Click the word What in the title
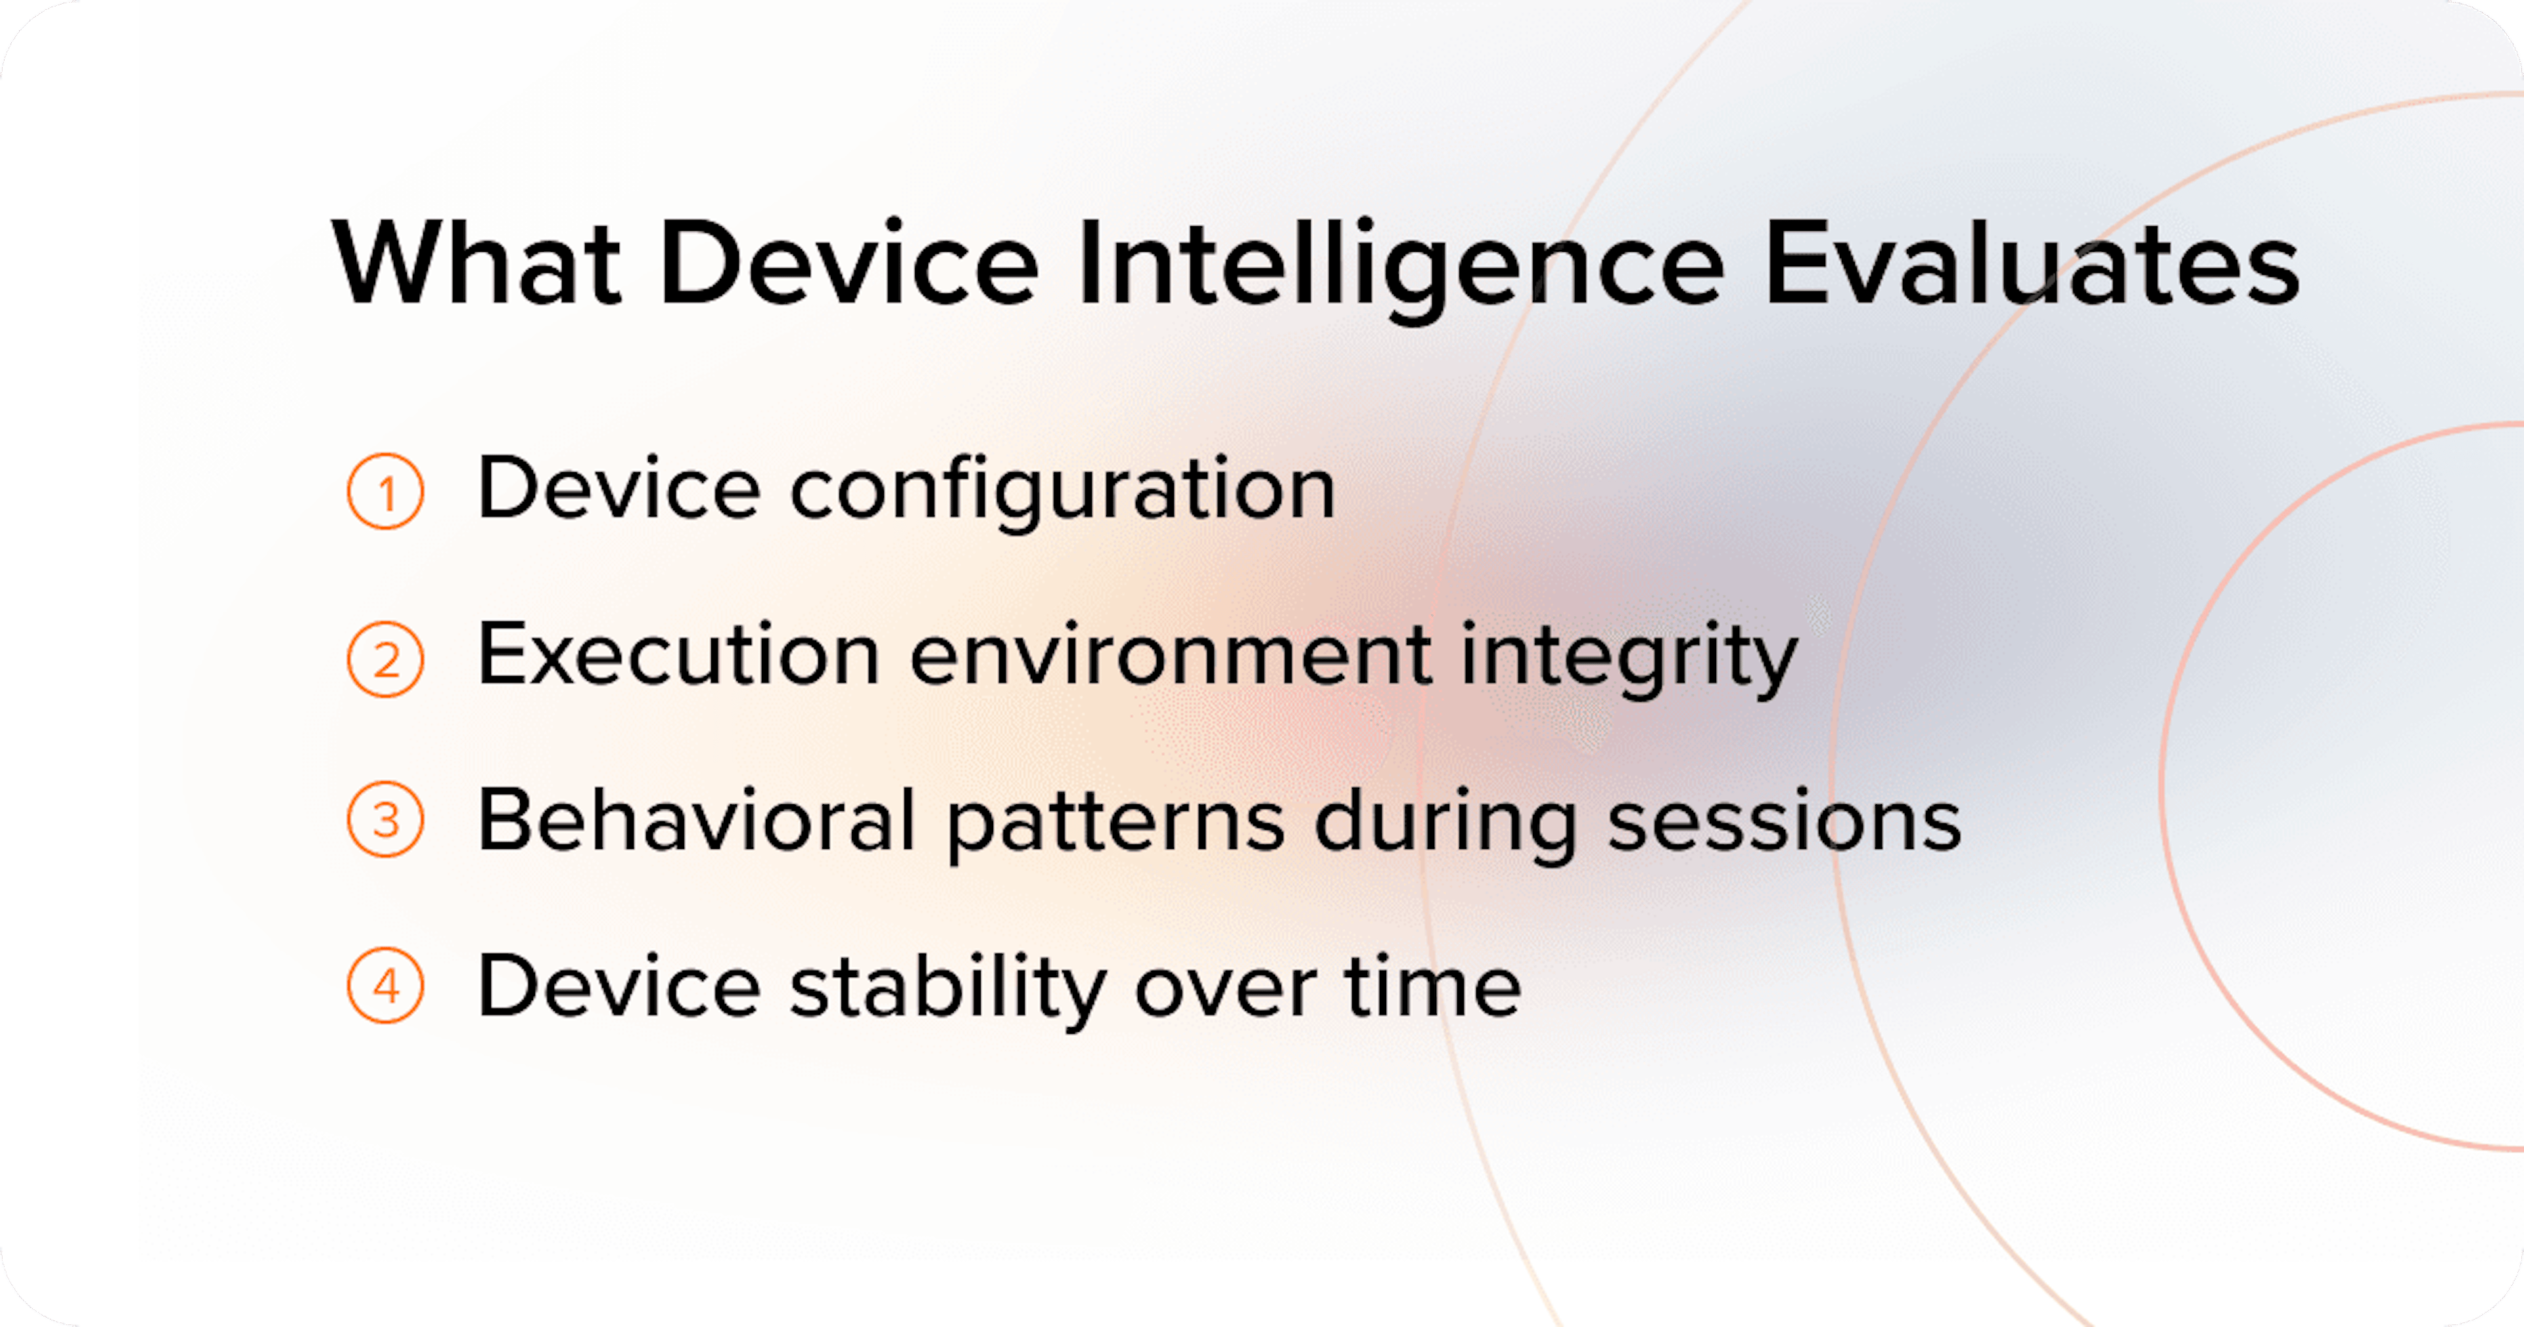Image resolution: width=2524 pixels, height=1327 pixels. [477, 264]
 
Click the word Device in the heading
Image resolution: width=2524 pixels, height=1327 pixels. [849, 264]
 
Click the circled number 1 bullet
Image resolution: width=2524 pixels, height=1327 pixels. [386, 491]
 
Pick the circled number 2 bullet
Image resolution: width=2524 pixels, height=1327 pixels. [386, 659]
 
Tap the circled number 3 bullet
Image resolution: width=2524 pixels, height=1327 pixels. [386, 819]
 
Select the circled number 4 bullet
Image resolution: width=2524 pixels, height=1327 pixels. [386, 986]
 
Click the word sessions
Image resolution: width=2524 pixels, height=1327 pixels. [1785, 821]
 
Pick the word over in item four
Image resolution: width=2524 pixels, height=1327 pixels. [1225, 988]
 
